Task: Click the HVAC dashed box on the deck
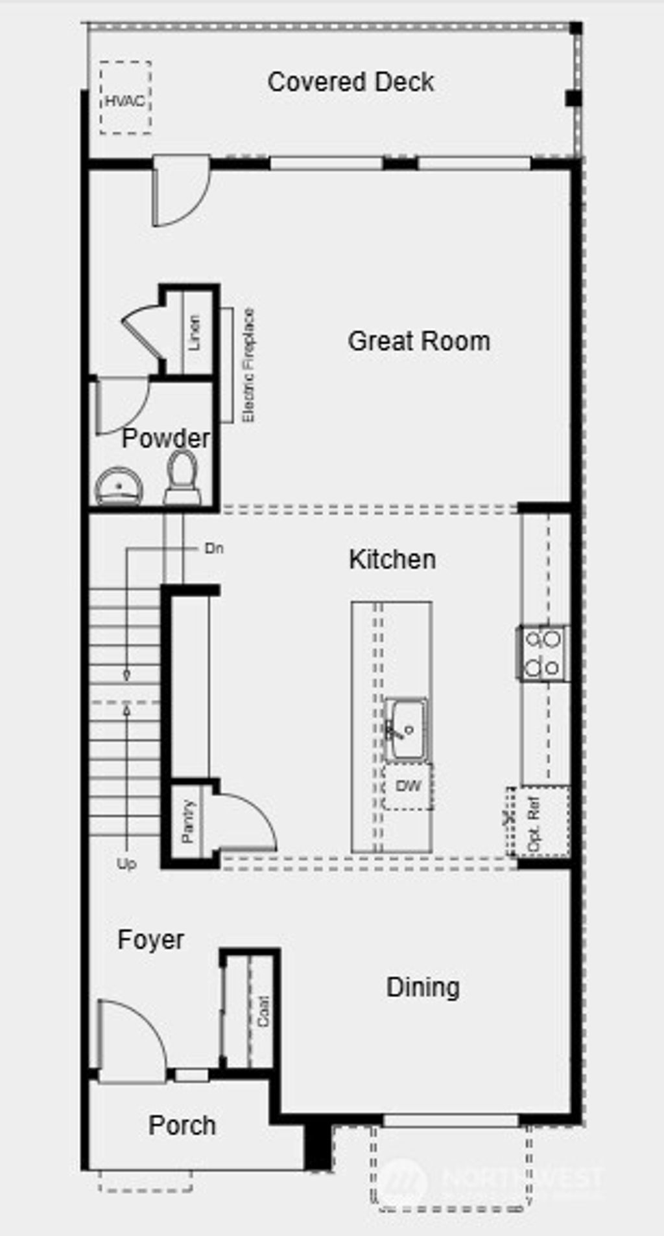126,98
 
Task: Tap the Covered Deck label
351,82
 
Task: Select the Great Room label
419,341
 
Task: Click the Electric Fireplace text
248,366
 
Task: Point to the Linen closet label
194,333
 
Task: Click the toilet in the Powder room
183,477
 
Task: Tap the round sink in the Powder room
119,485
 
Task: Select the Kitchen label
392,560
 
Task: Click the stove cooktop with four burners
543,653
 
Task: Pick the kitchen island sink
406,729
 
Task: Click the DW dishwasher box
409,786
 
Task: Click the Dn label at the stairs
214,549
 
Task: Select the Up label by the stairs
126,864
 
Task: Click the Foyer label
151,940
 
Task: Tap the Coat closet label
263,1011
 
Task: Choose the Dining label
423,987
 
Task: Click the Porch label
182,1125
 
